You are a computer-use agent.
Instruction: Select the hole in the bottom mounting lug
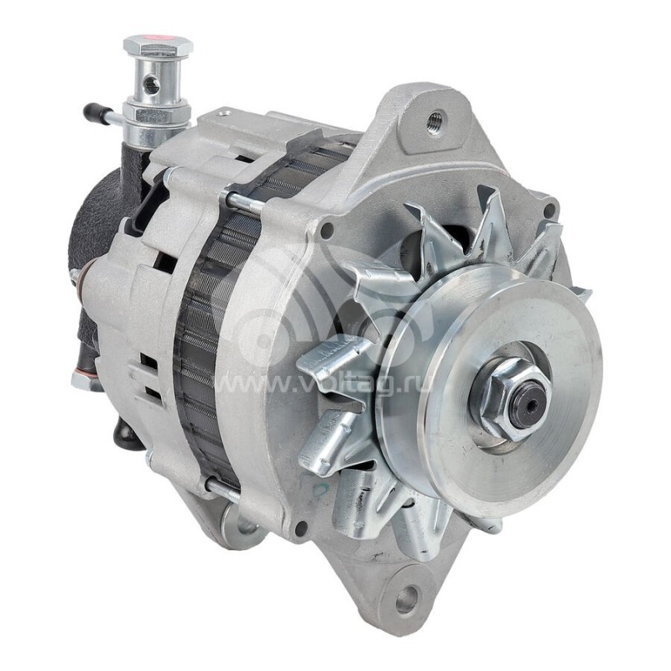pyautogui.click(x=407, y=600)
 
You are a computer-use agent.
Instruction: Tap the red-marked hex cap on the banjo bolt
pyautogui.click(x=158, y=44)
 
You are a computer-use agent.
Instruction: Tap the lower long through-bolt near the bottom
pyautogui.click(x=222, y=491)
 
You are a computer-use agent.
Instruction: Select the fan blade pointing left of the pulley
pyautogui.click(x=331, y=361)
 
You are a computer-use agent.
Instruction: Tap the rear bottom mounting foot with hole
pyautogui.click(x=242, y=528)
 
